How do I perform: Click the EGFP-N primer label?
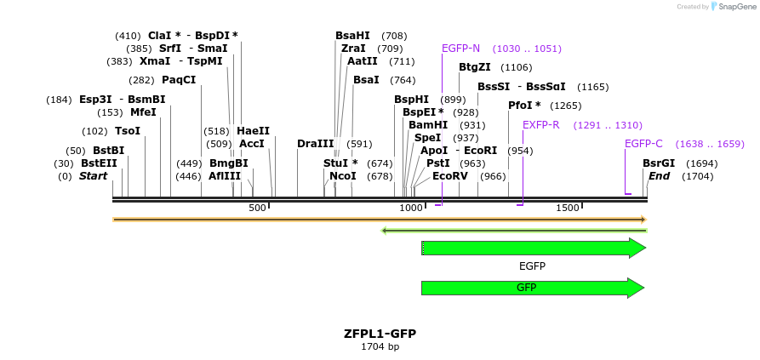(x=460, y=49)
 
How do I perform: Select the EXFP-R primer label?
(x=540, y=125)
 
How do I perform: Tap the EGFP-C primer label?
(x=643, y=144)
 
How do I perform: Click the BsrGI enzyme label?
(x=658, y=163)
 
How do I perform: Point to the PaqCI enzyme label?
(x=179, y=80)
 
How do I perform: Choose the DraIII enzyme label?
(x=315, y=144)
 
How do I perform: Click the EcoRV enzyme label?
(x=449, y=176)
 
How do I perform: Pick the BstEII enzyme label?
(x=99, y=163)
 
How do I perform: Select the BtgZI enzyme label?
(x=475, y=67)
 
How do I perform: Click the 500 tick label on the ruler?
(x=257, y=209)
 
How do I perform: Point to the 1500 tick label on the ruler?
(x=568, y=209)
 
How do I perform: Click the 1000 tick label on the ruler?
(x=411, y=209)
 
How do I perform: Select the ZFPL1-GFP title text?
(x=380, y=334)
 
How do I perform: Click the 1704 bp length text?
(x=380, y=347)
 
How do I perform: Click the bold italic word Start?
(x=93, y=176)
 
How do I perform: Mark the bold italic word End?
(x=659, y=176)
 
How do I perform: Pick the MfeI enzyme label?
(x=143, y=112)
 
